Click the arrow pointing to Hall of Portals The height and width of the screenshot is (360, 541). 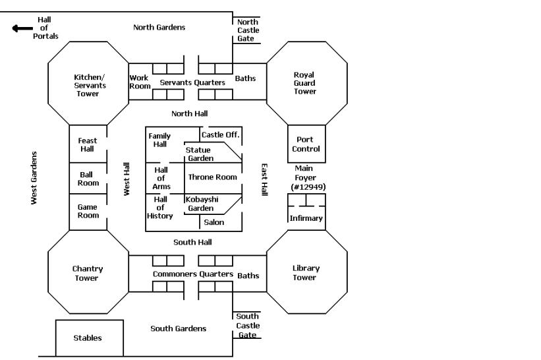tap(22, 28)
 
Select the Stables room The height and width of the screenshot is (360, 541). tap(88, 338)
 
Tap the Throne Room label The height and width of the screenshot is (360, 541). tap(212, 177)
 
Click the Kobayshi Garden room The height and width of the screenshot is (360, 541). tap(201, 204)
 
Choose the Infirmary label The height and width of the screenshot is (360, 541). tap(306, 218)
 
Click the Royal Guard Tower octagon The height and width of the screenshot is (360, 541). tap(305, 83)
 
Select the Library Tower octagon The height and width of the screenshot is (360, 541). tap(306, 272)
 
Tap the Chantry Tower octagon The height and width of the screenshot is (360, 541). tap(88, 273)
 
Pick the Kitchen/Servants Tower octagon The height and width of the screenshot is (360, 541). tap(88, 85)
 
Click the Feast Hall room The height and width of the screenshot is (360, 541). tap(88, 144)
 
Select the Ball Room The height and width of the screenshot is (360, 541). tap(88, 179)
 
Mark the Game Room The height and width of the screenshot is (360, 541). tap(88, 211)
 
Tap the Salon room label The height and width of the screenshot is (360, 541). tap(214, 222)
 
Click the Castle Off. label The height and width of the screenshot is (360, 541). tap(221, 135)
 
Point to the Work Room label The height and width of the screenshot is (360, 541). tap(140, 82)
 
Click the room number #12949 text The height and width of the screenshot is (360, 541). tap(308, 187)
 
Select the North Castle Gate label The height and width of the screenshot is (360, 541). tap(248, 30)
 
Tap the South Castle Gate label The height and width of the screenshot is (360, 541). tap(248, 326)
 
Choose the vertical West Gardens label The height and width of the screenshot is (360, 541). tap(35, 177)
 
